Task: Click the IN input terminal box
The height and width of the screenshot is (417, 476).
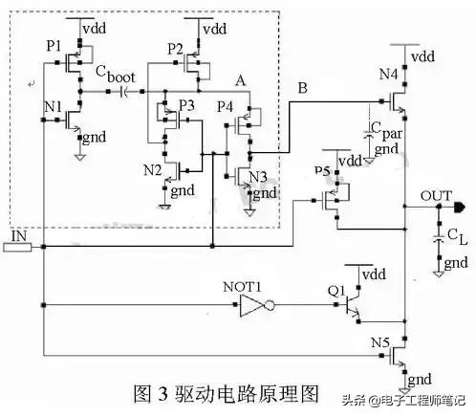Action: coord(18,247)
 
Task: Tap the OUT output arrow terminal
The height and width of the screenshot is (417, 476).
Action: coord(461,206)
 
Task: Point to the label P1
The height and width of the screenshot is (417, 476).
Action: coord(54,45)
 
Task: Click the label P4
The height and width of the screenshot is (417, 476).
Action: coord(226,105)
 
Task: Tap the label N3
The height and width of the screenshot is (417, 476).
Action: coord(257,176)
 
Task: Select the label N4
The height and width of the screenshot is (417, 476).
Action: coord(388,75)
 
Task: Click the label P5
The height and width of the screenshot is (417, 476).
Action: coord(322,169)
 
